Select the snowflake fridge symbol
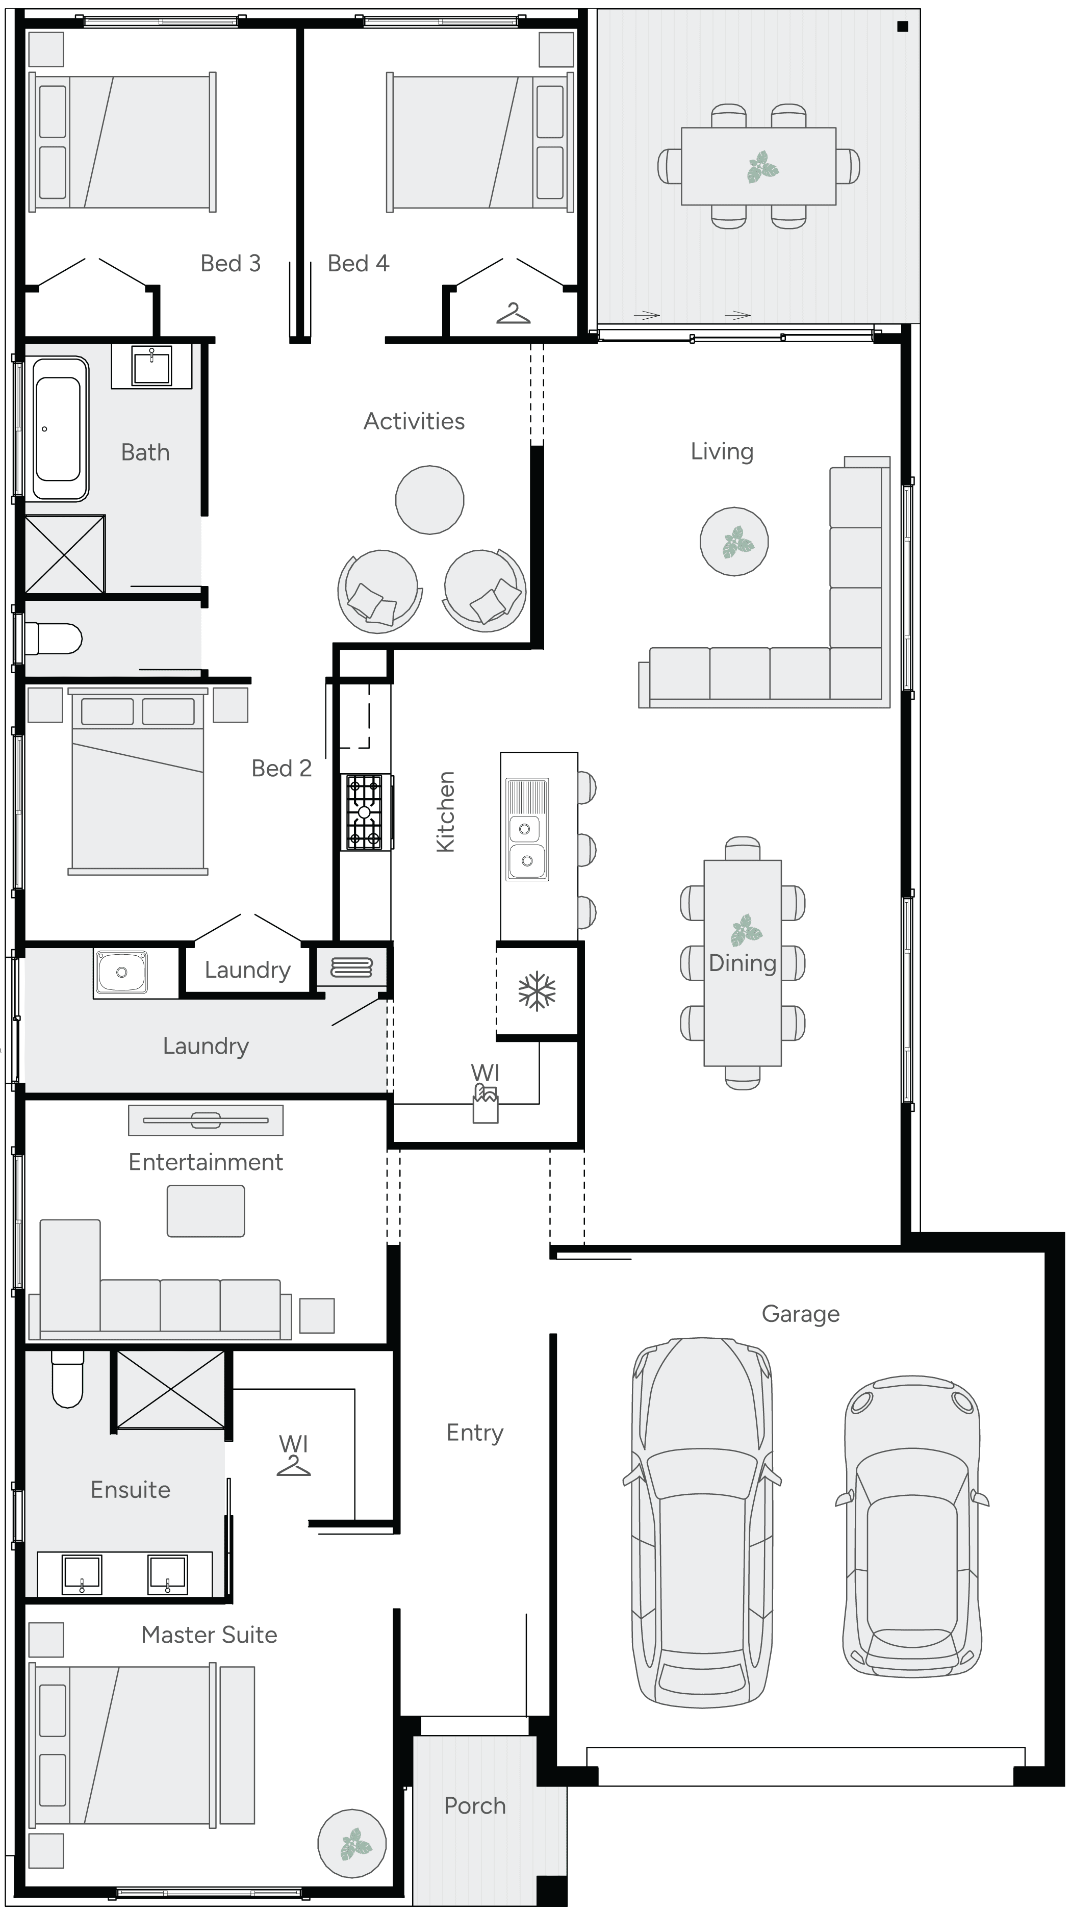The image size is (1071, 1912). (x=537, y=991)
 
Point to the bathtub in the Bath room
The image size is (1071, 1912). (x=59, y=429)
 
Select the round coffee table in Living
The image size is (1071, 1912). (x=733, y=541)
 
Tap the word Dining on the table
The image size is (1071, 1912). (x=742, y=963)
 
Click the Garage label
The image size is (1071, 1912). (x=800, y=1314)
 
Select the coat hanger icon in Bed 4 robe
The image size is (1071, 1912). (x=513, y=314)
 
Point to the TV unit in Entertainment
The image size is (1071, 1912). (x=206, y=1120)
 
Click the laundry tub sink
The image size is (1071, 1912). (x=121, y=972)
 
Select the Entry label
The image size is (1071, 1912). (x=474, y=1433)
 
